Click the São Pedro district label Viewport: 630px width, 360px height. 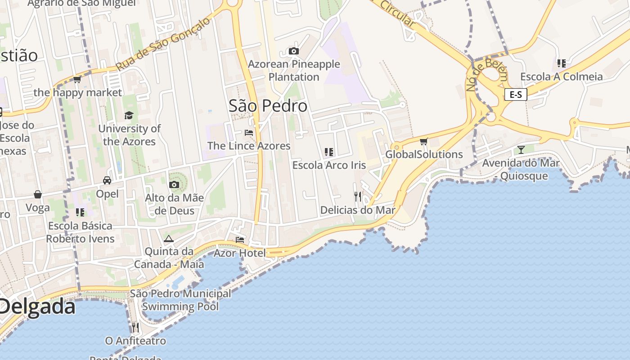pyautogui.click(x=268, y=106)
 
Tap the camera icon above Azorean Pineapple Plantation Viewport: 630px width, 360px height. pyautogui.click(x=294, y=51)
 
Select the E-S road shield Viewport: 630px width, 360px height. pyautogui.click(x=515, y=94)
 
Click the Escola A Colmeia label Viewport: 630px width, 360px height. pyautogui.click(x=561, y=76)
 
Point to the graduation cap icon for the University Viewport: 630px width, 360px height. pyautogui.click(x=129, y=115)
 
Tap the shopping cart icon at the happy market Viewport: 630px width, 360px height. pyautogui.click(x=77, y=80)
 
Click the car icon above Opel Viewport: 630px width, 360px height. pyautogui.click(x=107, y=180)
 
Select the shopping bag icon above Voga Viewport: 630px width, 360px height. pyautogui.click(x=38, y=194)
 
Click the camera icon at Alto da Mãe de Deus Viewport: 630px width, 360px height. pyautogui.click(x=174, y=184)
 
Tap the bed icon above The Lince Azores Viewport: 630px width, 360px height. pyautogui.click(x=249, y=133)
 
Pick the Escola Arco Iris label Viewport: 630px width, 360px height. pyautogui.click(x=329, y=165)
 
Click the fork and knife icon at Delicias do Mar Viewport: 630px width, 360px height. pyautogui.click(x=358, y=196)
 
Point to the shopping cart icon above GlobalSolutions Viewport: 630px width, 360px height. pyautogui.click(x=423, y=142)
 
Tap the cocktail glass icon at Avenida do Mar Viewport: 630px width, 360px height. pyautogui.click(x=521, y=149)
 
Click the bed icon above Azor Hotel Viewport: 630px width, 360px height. pyautogui.click(x=240, y=239)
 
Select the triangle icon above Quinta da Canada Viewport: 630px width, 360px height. pyautogui.click(x=169, y=238)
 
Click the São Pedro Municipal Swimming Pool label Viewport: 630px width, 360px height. pyautogui.click(x=180, y=300)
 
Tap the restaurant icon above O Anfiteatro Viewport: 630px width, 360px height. pyautogui.click(x=135, y=327)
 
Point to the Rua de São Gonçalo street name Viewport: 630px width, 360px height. pyautogui.click(x=163, y=44)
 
